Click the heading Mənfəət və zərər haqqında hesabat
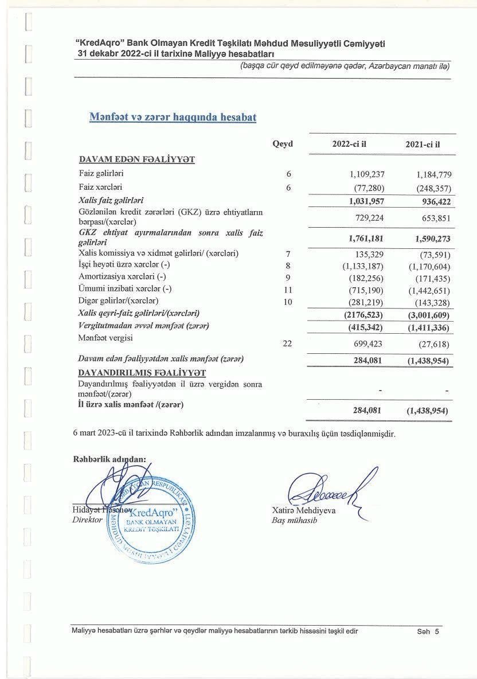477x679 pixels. (173, 117)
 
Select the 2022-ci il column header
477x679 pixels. (349, 144)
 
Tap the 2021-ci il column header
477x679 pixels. (423, 144)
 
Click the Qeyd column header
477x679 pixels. (283, 144)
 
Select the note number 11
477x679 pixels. (288, 289)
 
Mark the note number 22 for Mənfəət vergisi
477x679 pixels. (288, 344)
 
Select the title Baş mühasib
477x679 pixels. (294, 521)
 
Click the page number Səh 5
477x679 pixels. (428, 631)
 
